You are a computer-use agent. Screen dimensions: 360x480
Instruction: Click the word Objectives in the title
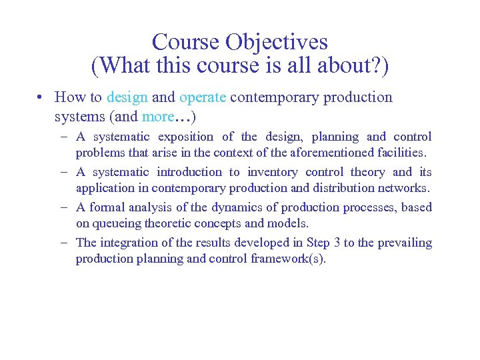276,42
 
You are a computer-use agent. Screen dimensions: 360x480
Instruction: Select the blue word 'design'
127,97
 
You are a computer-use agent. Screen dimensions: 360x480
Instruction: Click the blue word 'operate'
203,97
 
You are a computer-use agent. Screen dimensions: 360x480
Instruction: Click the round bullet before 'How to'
41,97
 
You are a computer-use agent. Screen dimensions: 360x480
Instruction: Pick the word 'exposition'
186,137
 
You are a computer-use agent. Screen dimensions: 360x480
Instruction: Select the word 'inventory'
273,172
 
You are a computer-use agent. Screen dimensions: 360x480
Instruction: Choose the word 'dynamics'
238,207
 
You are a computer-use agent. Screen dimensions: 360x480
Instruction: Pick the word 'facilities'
401,153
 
